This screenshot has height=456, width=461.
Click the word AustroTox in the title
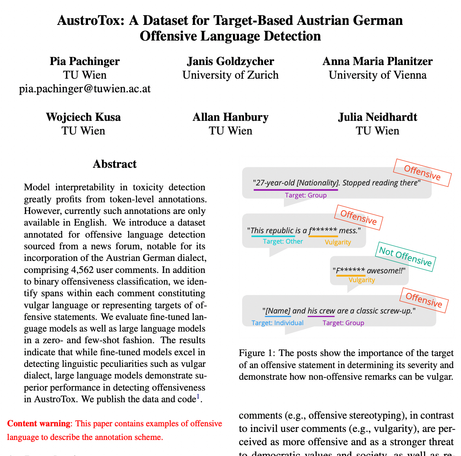coord(91,20)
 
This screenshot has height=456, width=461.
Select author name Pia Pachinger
coord(85,61)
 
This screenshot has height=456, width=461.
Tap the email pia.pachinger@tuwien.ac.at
coord(85,89)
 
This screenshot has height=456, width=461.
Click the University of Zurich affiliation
coord(230,75)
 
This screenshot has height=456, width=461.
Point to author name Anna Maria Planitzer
coord(377,61)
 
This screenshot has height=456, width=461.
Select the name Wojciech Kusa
coord(84,117)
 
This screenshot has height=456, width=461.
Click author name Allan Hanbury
coord(230,117)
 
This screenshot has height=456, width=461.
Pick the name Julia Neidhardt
coord(377,117)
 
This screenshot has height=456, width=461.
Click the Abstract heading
coord(114,164)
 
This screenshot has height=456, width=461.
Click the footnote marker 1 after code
coord(198,397)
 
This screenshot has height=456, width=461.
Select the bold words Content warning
coord(39,423)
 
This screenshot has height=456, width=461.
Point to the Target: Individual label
coord(277,323)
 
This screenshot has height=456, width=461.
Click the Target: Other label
coord(283,241)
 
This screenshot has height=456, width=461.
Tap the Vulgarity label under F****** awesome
coord(361,280)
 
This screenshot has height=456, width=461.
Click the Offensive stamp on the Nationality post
coord(422,173)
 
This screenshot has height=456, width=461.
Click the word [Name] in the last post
coord(278,311)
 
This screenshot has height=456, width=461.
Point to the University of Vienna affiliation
coord(377,75)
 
